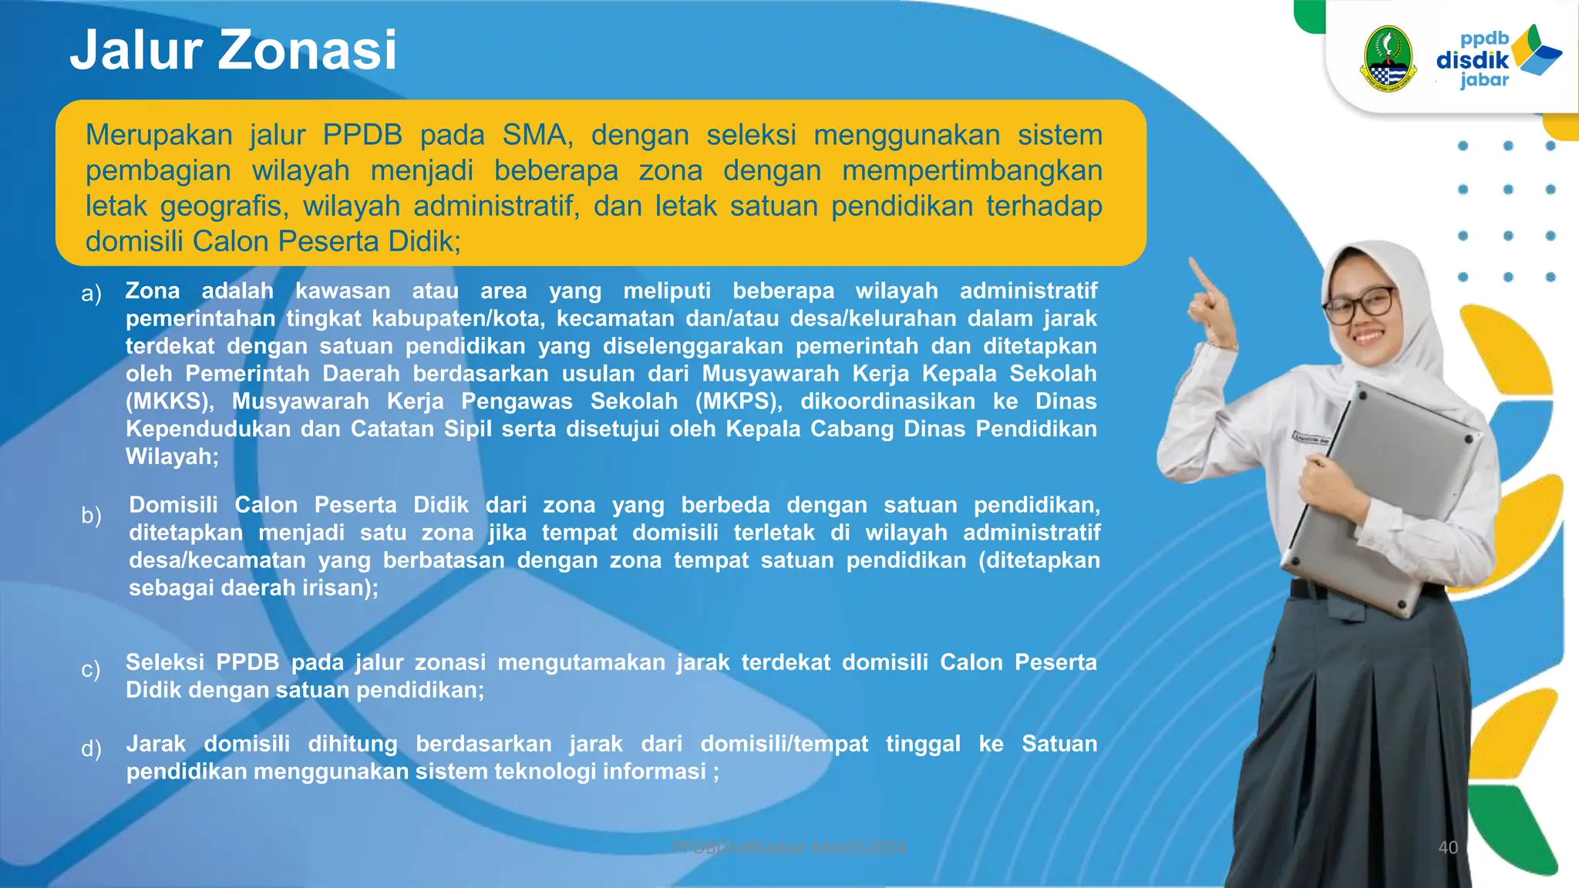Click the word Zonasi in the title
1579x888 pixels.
tap(308, 50)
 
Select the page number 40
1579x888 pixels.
tap(1448, 848)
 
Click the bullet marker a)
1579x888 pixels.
tap(91, 293)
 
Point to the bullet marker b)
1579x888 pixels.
tap(91, 515)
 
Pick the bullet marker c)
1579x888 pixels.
tap(91, 669)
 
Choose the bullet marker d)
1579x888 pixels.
tap(91, 748)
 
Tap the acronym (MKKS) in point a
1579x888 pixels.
tap(170, 402)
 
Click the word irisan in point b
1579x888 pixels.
tap(340, 588)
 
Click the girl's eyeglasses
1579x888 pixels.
tap(1360, 304)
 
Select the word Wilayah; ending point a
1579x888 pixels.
tap(172, 457)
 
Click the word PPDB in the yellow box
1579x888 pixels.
tap(362, 135)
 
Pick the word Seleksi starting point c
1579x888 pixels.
tap(164, 662)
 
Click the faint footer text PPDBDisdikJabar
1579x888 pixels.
tap(740, 848)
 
